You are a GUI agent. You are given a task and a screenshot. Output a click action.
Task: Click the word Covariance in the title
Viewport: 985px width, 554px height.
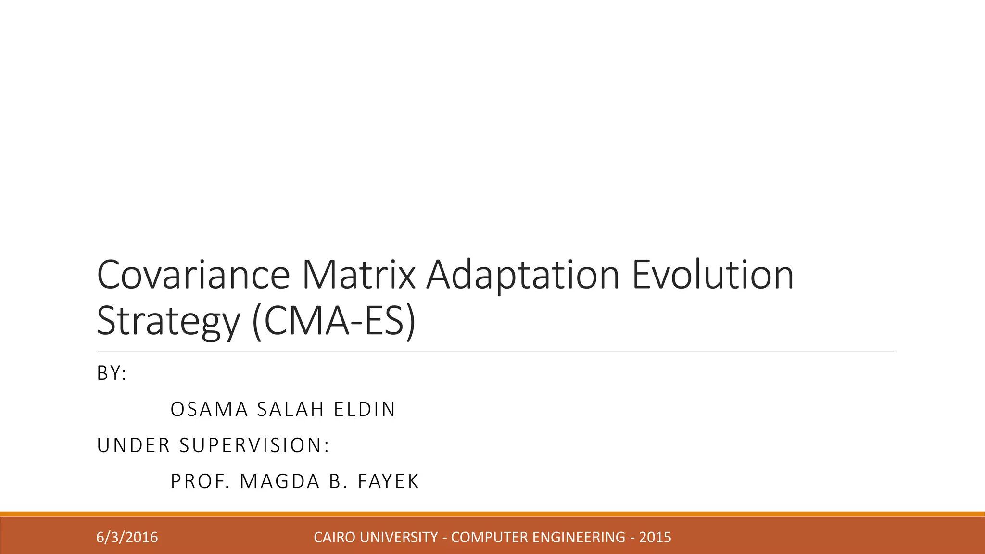193,275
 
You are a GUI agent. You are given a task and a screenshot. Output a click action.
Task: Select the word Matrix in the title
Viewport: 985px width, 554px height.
358,275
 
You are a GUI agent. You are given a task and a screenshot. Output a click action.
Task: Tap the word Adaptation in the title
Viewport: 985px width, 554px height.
523,276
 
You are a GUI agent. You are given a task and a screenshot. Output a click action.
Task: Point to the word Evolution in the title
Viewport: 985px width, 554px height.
712,275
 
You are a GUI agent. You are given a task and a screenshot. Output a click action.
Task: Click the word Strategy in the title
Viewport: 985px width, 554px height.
168,321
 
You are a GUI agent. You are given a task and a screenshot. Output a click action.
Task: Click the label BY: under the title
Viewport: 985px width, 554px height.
112,373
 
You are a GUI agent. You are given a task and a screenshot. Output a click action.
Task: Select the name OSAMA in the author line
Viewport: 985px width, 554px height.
209,409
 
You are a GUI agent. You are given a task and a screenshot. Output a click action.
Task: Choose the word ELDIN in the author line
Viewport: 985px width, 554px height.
365,409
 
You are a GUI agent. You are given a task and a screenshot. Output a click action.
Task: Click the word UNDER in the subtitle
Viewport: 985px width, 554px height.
134,445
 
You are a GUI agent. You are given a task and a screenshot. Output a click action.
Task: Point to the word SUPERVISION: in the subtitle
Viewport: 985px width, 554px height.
254,445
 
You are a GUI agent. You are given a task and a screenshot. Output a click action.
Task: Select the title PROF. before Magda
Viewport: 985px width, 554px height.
200,481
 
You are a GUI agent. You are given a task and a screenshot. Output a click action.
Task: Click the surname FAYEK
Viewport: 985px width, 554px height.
389,481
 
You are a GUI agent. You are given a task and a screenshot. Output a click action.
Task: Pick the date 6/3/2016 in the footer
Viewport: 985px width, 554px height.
127,537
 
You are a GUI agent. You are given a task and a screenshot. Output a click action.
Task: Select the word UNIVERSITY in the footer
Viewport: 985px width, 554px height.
399,537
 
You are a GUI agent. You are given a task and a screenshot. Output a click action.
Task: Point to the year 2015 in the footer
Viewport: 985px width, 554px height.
655,537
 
